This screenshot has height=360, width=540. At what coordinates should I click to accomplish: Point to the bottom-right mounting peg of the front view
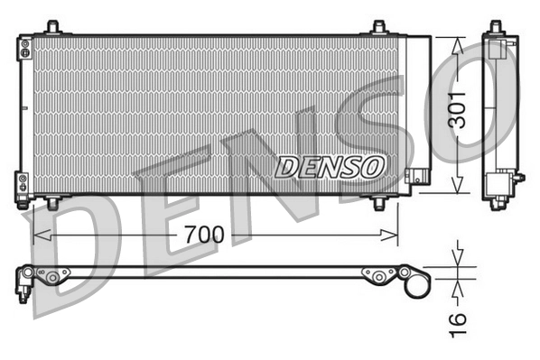380,203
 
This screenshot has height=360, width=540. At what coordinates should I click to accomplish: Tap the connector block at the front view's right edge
416,177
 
